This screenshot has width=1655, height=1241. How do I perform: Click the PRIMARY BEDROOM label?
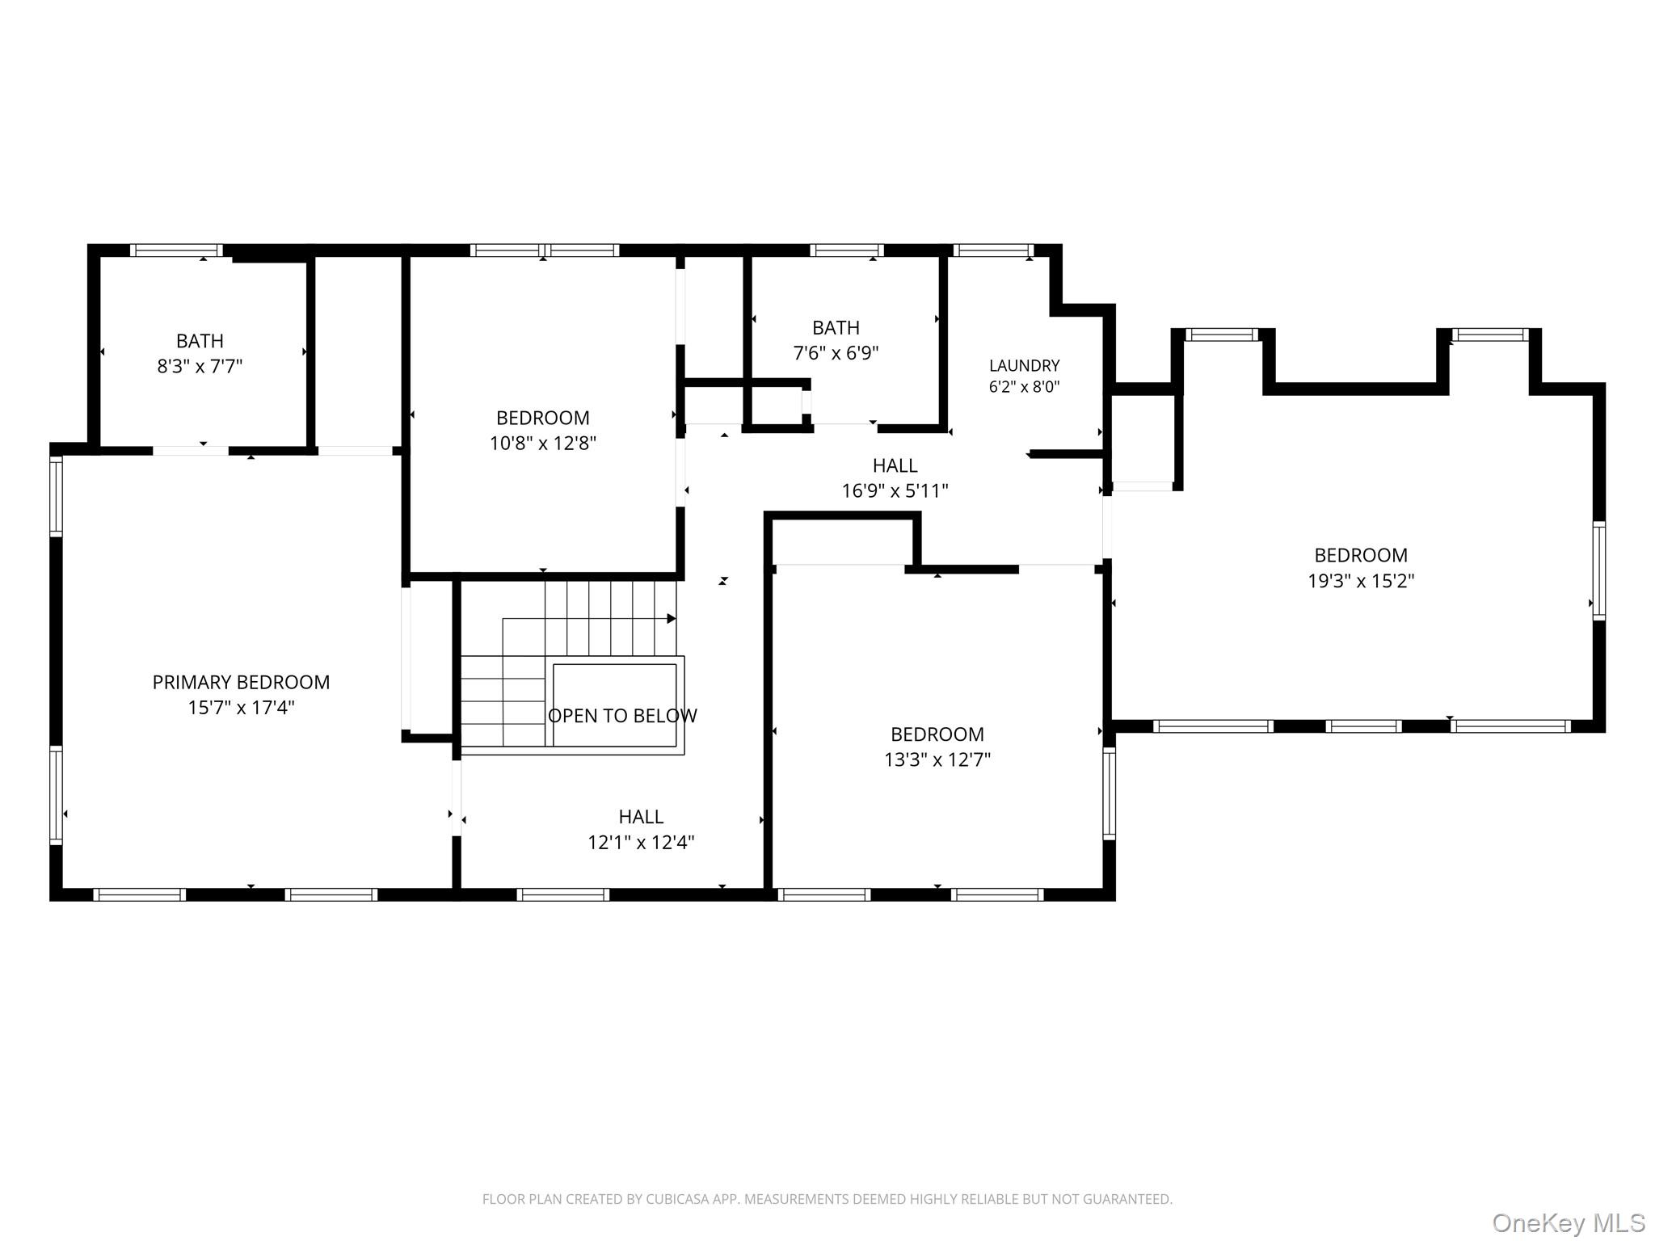click(241, 682)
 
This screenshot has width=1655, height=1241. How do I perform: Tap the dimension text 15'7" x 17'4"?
click(241, 708)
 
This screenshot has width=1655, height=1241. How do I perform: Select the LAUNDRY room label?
click(1024, 365)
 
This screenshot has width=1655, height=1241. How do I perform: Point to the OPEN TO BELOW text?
click(622, 716)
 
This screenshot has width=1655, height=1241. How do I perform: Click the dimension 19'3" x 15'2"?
click(1361, 581)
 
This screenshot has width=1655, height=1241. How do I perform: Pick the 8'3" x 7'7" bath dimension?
click(200, 366)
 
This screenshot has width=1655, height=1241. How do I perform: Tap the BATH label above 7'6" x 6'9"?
click(836, 327)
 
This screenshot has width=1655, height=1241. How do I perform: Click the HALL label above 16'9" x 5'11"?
click(895, 465)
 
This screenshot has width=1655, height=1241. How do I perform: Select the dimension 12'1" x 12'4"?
click(641, 843)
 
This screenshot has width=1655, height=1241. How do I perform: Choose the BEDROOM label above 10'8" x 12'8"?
click(542, 418)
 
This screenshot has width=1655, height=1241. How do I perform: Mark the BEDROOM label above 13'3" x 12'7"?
click(937, 734)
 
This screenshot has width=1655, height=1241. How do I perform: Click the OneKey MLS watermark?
click(1569, 1222)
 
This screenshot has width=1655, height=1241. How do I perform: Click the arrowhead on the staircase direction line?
click(672, 619)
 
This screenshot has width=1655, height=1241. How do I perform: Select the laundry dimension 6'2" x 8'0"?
click(1024, 387)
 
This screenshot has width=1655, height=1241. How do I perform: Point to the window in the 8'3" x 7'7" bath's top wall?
click(176, 250)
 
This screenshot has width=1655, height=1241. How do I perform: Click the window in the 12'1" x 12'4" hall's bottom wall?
click(562, 894)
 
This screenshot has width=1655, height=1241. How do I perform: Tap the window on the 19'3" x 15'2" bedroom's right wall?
click(1598, 570)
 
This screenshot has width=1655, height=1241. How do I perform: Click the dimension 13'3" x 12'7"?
click(937, 760)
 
